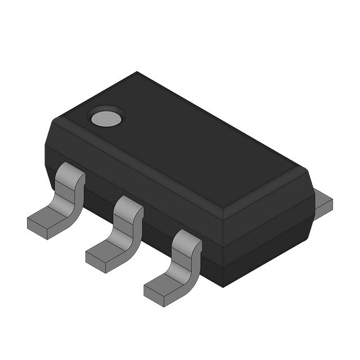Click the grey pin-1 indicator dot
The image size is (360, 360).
tap(105, 118)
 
